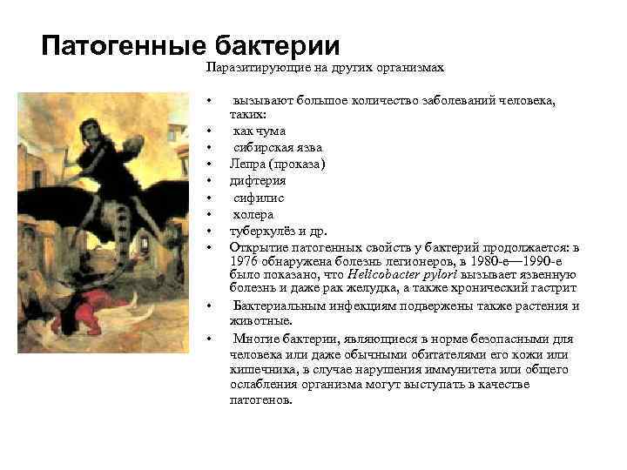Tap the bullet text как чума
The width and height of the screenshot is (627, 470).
(x=260, y=131)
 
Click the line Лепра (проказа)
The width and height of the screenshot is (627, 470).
(x=277, y=164)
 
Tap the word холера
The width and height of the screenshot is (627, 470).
(x=253, y=214)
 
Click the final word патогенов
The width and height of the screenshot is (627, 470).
(x=259, y=400)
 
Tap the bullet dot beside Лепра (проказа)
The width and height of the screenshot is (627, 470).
(x=211, y=164)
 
